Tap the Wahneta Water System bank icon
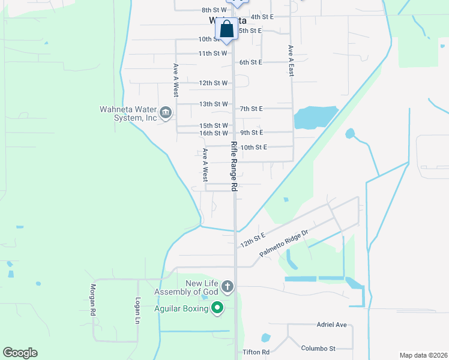point(166,112)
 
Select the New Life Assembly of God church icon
point(227,287)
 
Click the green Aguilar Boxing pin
point(217,308)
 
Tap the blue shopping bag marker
point(227,29)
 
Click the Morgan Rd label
point(94,300)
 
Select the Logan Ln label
point(137,310)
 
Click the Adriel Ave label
point(332,325)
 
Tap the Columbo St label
point(318,348)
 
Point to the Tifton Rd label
point(256,352)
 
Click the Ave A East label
point(291,61)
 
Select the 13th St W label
point(214,104)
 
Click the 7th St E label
point(252,109)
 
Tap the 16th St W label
point(214,133)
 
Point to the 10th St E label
point(253,147)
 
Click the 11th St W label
point(212,53)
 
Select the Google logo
point(20,353)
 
